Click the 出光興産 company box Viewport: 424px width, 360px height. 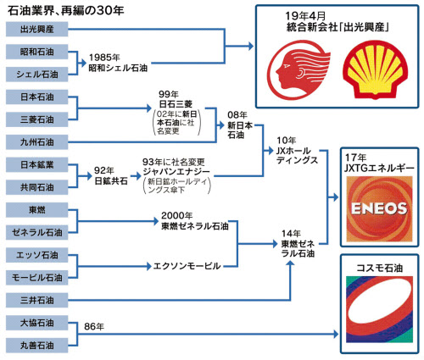[37, 29]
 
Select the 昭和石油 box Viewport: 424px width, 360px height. [37, 52]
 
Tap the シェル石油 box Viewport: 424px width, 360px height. [37, 75]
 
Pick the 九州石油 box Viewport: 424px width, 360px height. [37, 142]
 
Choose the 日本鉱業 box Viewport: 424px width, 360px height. [37, 164]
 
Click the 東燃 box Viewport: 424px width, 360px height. [37, 210]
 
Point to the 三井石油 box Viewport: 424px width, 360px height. [37, 300]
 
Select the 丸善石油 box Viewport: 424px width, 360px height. [37, 346]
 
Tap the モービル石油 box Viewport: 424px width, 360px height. [37, 278]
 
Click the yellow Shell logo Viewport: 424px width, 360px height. [376, 71]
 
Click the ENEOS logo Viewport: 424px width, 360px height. [379, 209]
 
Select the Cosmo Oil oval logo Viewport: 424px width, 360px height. [379, 309]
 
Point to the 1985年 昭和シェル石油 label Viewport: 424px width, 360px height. [118, 63]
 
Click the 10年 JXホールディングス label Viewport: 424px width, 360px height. [298, 150]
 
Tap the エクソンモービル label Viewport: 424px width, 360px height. [187, 266]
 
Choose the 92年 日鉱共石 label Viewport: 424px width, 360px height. [111, 176]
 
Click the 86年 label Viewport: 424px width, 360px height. [94, 326]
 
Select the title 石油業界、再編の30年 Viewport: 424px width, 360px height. [65, 11]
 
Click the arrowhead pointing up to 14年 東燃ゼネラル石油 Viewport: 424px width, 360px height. [290, 263]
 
